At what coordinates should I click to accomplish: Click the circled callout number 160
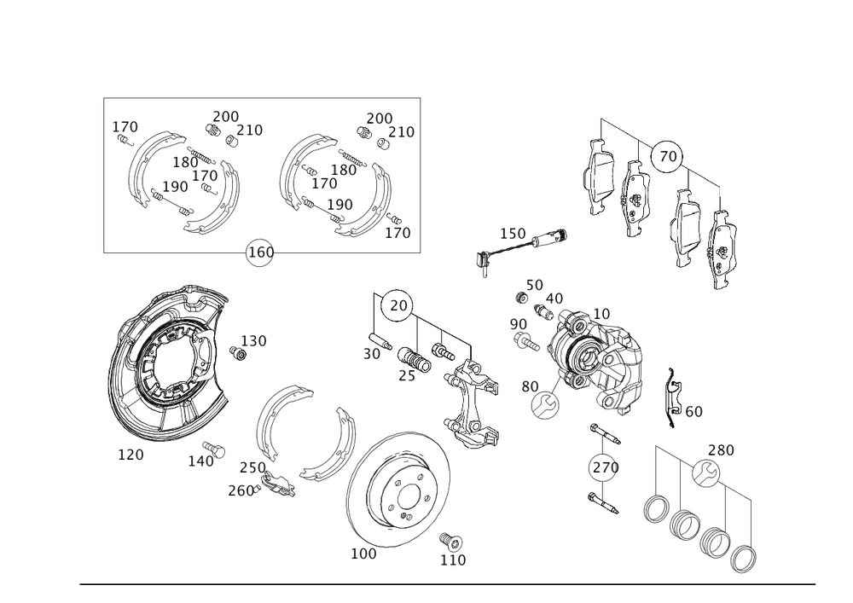coord(259,253)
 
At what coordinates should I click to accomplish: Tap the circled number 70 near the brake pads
coord(668,156)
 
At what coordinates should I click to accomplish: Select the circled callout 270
coord(604,467)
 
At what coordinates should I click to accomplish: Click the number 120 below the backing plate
coord(131,455)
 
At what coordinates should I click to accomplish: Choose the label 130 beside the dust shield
coord(253,340)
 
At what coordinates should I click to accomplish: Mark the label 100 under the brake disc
coord(363,554)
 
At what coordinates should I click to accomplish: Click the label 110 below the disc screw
coord(453,560)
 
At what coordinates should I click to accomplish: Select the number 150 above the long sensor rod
coord(513,233)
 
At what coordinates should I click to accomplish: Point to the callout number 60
coord(693,412)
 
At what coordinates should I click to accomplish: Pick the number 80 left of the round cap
coord(530,386)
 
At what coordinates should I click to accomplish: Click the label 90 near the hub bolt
coord(517,324)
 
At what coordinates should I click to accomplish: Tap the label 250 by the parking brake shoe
coord(251,470)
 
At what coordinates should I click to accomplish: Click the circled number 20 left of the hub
coord(398,304)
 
